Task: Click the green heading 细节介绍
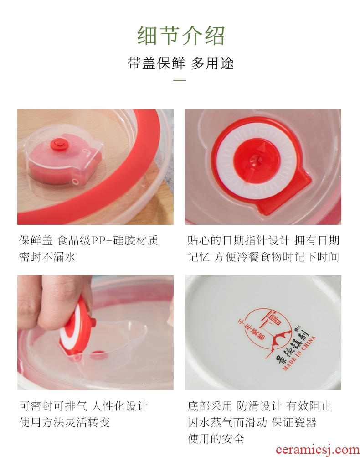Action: click(181, 36)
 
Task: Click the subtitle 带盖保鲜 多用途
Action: click(180, 63)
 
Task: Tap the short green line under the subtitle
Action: click(180, 80)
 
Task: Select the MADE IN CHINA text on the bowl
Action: click(299, 353)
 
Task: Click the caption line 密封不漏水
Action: click(47, 257)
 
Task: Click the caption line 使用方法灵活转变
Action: click(65, 422)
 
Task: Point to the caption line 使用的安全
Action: click(216, 439)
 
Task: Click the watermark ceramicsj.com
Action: click(317, 450)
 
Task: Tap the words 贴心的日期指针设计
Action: click(238, 241)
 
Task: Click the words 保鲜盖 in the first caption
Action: click(36, 241)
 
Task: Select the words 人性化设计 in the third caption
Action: click(120, 406)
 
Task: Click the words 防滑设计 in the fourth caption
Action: click(259, 406)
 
